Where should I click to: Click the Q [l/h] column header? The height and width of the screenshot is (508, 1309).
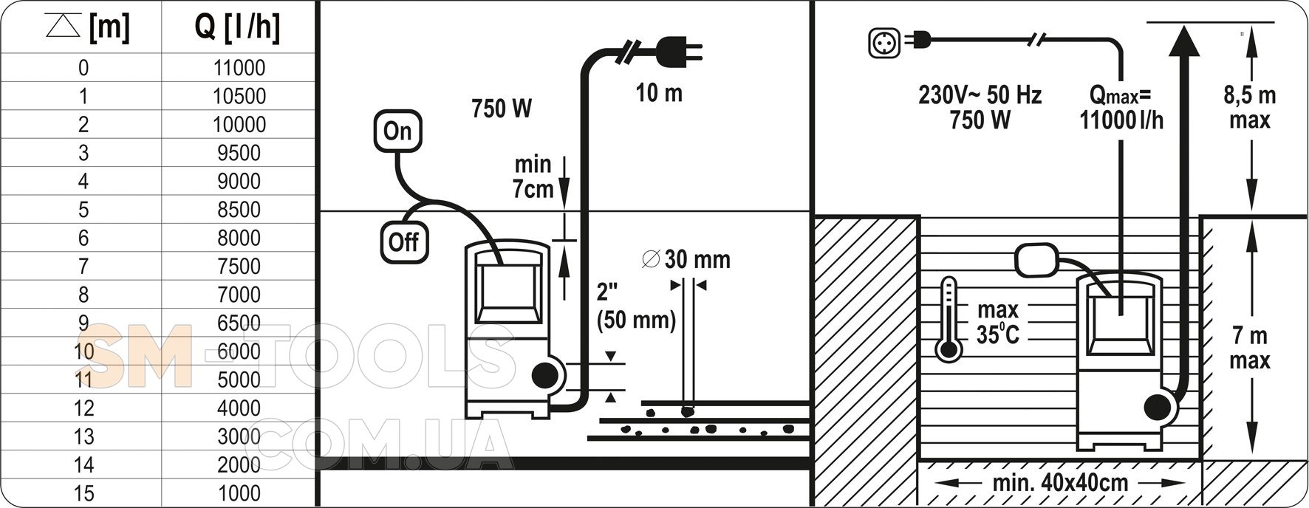tap(238, 29)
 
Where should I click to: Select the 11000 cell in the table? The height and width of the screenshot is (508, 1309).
tap(239, 68)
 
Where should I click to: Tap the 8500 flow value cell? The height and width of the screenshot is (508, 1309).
tap(239, 210)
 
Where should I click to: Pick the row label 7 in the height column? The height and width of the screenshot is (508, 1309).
tap(83, 266)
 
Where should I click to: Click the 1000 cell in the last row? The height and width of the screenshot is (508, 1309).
tap(239, 493)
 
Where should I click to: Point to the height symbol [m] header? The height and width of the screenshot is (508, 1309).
tap(87, 29)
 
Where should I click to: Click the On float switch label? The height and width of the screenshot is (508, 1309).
tap(397, 131)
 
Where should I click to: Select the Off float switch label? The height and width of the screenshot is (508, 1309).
tap(404, 242)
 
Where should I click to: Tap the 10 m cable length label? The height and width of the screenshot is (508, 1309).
tap(659, 93)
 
